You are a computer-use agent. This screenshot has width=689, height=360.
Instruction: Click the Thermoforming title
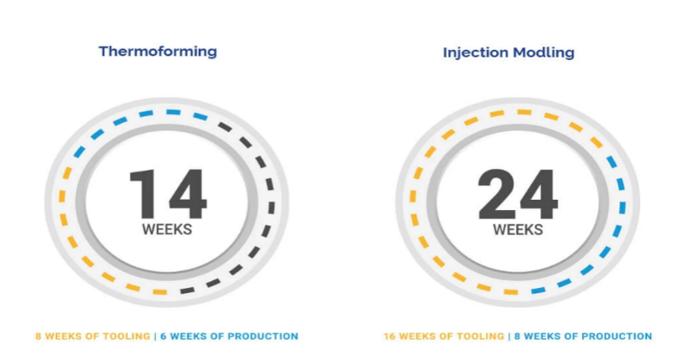[x=158, y=51]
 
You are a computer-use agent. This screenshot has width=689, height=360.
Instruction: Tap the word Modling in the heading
[x=543, y=53]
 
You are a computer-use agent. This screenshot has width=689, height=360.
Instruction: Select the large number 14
[x=168, y=194]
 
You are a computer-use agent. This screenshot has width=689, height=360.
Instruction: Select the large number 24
[x=518, y=194]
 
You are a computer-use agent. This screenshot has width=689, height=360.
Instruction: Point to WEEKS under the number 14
[x=167, y=230]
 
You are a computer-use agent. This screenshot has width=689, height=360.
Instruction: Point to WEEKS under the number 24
[x=518, y=230]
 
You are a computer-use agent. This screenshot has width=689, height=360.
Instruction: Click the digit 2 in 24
[x=496, y=194]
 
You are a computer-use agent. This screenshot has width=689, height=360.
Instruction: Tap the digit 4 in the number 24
[x=538, y=194]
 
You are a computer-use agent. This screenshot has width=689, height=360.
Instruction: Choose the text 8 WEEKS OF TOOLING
[x=93, y=336]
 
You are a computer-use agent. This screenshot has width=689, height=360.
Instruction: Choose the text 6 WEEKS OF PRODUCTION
[x=229, y=336]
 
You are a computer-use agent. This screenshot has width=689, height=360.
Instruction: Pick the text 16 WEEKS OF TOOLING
[x=444, y=336]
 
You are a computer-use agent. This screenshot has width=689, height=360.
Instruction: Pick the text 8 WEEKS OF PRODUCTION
[x=583, y=336]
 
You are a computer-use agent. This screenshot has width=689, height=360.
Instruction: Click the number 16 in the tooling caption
[x=389, y=336]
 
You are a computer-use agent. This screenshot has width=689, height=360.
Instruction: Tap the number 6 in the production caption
[x=163, y=336]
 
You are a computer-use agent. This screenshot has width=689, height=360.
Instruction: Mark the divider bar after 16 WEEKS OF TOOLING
[x=509, y=336]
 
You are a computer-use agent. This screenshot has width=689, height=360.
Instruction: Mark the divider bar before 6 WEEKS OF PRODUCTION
[x=155, y=336]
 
